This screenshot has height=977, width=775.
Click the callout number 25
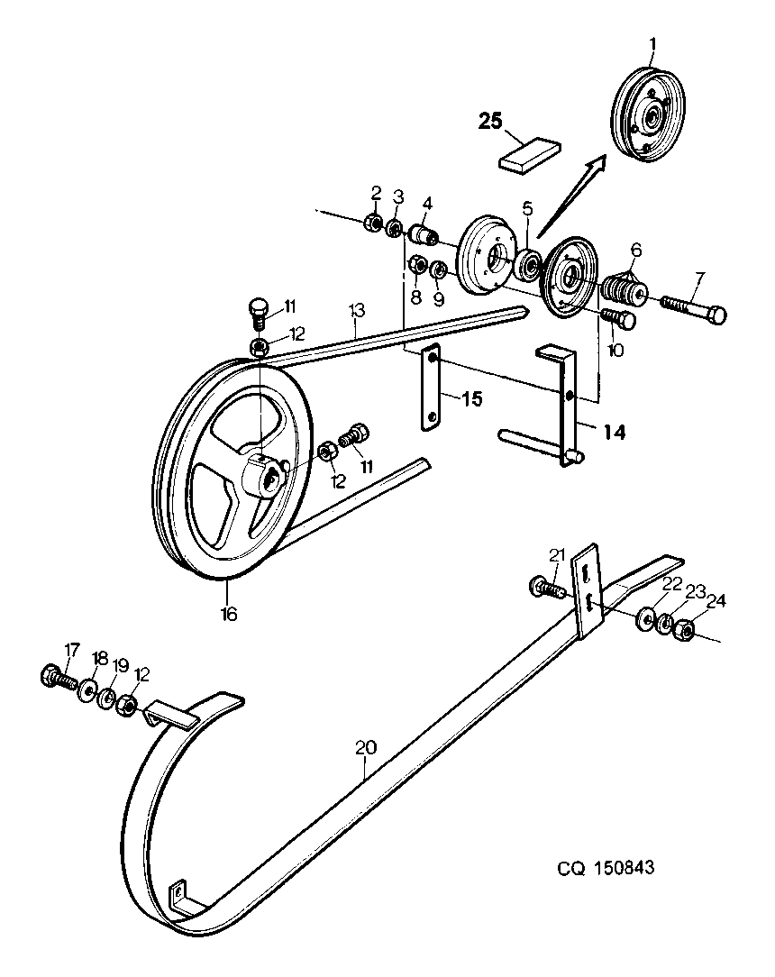point(490,121)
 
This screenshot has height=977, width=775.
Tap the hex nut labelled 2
point(374,221)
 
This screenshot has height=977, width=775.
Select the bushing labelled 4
point(424,237)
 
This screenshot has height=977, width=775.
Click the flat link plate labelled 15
point(431,387)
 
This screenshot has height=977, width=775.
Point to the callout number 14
point(615,432)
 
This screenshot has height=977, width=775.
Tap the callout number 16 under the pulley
point(229,614)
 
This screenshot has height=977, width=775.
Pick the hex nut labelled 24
point(685,631)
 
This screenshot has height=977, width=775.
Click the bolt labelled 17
point(56,677)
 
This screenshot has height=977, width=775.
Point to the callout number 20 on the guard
point(366,747)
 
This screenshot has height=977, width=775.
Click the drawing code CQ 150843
point(606,868)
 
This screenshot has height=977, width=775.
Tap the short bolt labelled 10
point(619,318)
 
